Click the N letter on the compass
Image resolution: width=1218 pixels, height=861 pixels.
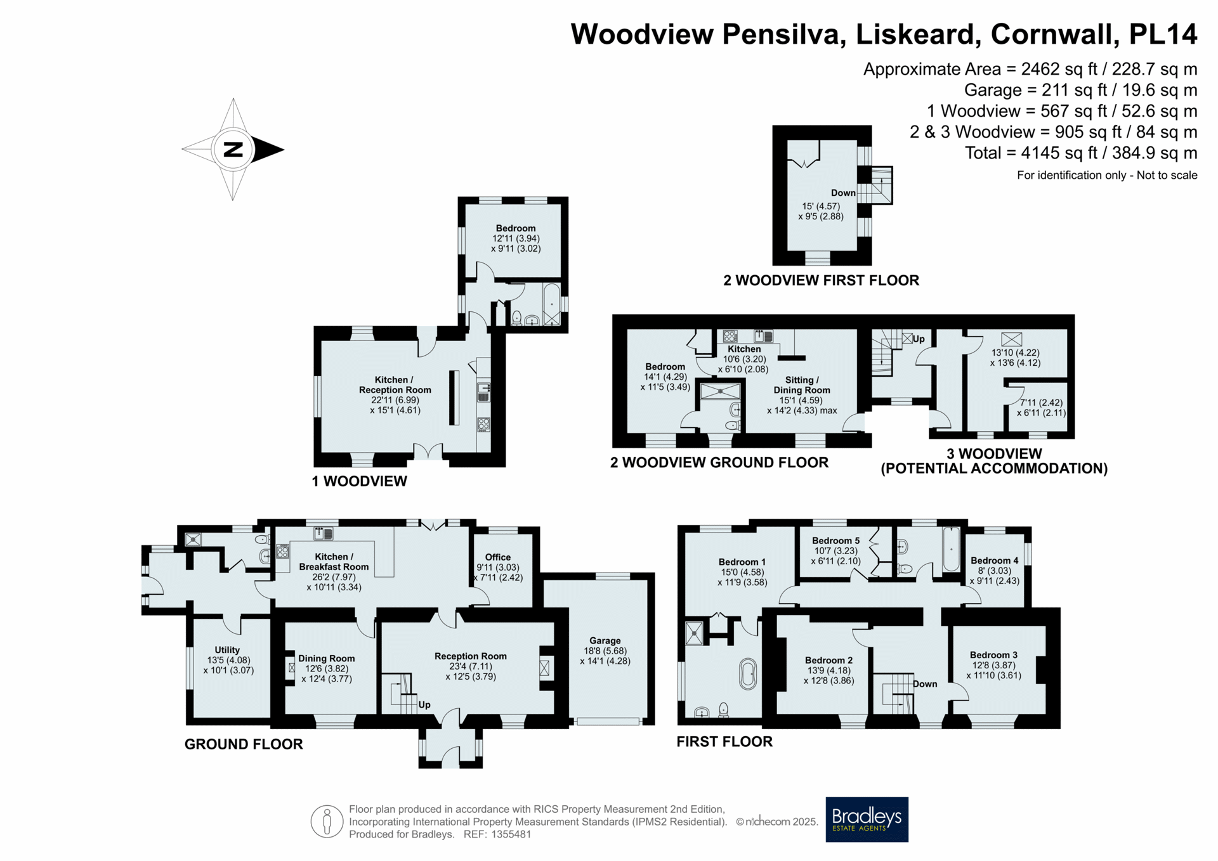tap(233, 150)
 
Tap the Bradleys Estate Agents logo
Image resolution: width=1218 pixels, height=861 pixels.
tap(867, 819)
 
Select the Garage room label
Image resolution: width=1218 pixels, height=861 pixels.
tap(605, 641)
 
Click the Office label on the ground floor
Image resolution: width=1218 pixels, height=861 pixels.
tap(498, 557)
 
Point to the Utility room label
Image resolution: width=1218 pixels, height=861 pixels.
tap(227, 650)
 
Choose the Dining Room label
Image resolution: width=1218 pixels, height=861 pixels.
tap(327, 659)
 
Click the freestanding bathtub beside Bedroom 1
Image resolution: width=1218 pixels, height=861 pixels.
tap(748, 675)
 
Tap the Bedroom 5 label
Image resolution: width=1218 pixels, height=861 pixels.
tap(836, 541)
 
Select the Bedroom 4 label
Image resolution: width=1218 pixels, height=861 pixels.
tap(994, 560)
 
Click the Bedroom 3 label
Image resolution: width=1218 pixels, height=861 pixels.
tap(993, 655)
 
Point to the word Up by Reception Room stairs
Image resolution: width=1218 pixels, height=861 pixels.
tap(424, 705)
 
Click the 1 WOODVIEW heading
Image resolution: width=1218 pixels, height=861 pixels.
tap(359, 481)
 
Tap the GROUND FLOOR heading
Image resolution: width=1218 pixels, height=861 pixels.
tap(244, 744)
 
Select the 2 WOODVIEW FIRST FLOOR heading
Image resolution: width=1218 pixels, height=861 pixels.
tap(821, 280)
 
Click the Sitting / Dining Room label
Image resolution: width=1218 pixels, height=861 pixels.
tap(802, 385)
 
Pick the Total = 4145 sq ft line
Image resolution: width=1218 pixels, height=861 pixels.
tap(1081, 153)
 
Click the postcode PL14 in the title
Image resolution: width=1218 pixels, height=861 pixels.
tap(1163, 34)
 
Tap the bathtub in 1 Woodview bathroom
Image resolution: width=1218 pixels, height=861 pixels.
tap(552, 304)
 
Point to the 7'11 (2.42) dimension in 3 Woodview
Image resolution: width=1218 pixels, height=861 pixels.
tap(1041, 403)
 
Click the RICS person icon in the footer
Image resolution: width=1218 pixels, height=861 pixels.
tap(327, 822)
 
